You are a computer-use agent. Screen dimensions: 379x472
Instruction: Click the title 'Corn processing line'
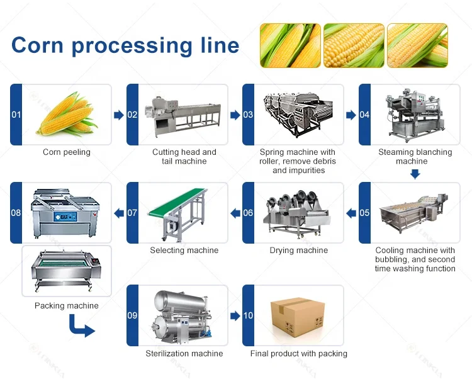click(125, 45)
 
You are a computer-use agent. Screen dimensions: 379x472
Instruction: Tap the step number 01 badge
click(16, 115)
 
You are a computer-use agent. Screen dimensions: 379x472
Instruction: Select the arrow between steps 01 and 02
click(118, 115)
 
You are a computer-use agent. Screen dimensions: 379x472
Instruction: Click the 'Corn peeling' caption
click(67, 152)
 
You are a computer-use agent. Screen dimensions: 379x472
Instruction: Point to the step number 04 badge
click(365, 115)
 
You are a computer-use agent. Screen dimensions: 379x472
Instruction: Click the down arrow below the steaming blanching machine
click(414, 173)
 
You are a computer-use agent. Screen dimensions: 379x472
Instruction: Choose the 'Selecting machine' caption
click(184, 251)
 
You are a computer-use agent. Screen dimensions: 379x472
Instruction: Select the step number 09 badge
click(132, 315)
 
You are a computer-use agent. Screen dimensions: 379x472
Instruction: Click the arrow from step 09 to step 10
click(235, 315)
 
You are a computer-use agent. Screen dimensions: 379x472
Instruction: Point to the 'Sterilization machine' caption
click(184, 354)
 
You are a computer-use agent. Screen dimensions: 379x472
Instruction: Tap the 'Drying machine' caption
click(298, 251)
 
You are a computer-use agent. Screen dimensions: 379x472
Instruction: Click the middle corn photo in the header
click(353, 45)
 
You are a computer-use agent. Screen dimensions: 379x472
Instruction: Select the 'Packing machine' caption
click(67, 306)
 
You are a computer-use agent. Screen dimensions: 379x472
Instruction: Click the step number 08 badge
click(16, 213)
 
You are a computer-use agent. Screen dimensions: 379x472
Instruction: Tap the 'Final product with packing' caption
click(299, 354)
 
